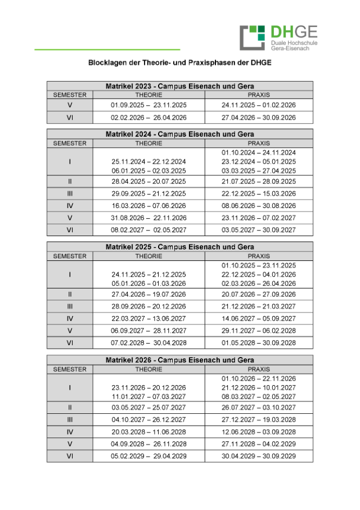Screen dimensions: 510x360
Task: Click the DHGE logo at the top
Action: [278, 37]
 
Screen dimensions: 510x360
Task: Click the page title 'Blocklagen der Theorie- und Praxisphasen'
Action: [180, 63]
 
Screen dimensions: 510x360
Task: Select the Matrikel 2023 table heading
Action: [180, 86]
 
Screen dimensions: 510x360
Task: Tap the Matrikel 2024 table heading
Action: [180, 134]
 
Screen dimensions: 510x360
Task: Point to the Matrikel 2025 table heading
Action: [180, 247]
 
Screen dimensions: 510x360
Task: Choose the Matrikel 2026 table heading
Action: [180, 360]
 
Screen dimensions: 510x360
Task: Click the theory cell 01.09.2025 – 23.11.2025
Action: [148, 105]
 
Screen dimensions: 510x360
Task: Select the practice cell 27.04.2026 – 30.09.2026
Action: [259, 118]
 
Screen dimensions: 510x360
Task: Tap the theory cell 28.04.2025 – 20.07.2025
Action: [148, 182]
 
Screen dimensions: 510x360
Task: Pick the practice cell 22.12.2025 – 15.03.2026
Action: [259, 193]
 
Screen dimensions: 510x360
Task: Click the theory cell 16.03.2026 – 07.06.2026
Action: [148, 206]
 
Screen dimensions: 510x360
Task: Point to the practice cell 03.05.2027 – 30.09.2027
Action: [259, 230]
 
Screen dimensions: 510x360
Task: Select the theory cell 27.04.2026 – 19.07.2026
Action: [148, 294]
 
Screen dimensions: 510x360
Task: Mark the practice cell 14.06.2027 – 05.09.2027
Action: [259, 318]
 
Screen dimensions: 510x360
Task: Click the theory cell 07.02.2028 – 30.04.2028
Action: [148, 342]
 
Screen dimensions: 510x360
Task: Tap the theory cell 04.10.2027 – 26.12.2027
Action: [148, 419]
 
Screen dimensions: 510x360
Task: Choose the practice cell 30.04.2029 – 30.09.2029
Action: [259, 456]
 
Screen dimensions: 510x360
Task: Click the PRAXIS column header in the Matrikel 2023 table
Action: [259, 95]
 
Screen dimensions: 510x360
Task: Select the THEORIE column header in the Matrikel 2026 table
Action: [148, 369]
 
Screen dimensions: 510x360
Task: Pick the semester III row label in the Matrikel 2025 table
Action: [70, 306]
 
